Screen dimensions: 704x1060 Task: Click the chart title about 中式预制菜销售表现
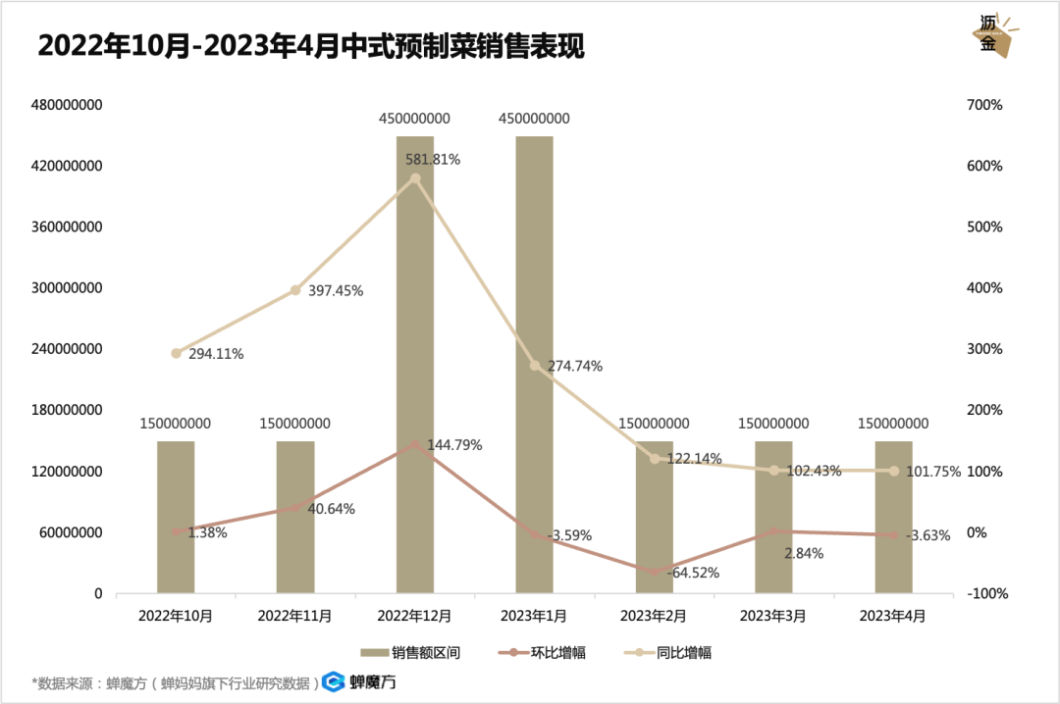pos(310,47)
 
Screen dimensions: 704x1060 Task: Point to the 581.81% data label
pos(433,159)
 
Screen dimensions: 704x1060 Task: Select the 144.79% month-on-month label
pos(454,445)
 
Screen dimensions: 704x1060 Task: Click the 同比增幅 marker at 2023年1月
pos(535,366)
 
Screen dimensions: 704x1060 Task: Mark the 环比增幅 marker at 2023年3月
pos(773,530)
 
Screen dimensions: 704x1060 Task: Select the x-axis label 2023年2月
pos(654,617)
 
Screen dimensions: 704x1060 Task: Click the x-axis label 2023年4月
pos(892,617)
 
